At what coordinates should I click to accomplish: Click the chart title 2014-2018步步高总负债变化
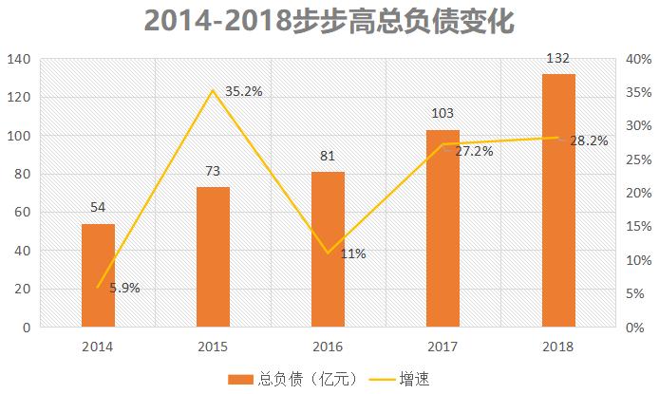pos(329,21)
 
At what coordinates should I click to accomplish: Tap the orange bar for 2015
pos(213,256)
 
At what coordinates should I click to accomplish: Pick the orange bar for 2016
pos(328,249)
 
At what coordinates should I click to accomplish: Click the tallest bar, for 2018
pos(558,200)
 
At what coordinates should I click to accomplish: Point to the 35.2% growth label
pos(243,92)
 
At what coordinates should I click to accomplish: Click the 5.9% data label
pos(124,288)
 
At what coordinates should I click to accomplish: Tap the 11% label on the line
pos(353,253)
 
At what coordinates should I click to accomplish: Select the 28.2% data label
pos(589,141)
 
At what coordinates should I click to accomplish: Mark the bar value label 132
pos(558,59)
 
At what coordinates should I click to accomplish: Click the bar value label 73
pos(213,172)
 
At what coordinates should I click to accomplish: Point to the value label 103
pos(442,114)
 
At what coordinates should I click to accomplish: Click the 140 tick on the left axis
pos(20,59)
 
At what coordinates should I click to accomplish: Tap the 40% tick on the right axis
pos(636,59)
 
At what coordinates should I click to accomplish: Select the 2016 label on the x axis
pos(328,346)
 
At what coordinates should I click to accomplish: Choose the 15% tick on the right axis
pos(636,227)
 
